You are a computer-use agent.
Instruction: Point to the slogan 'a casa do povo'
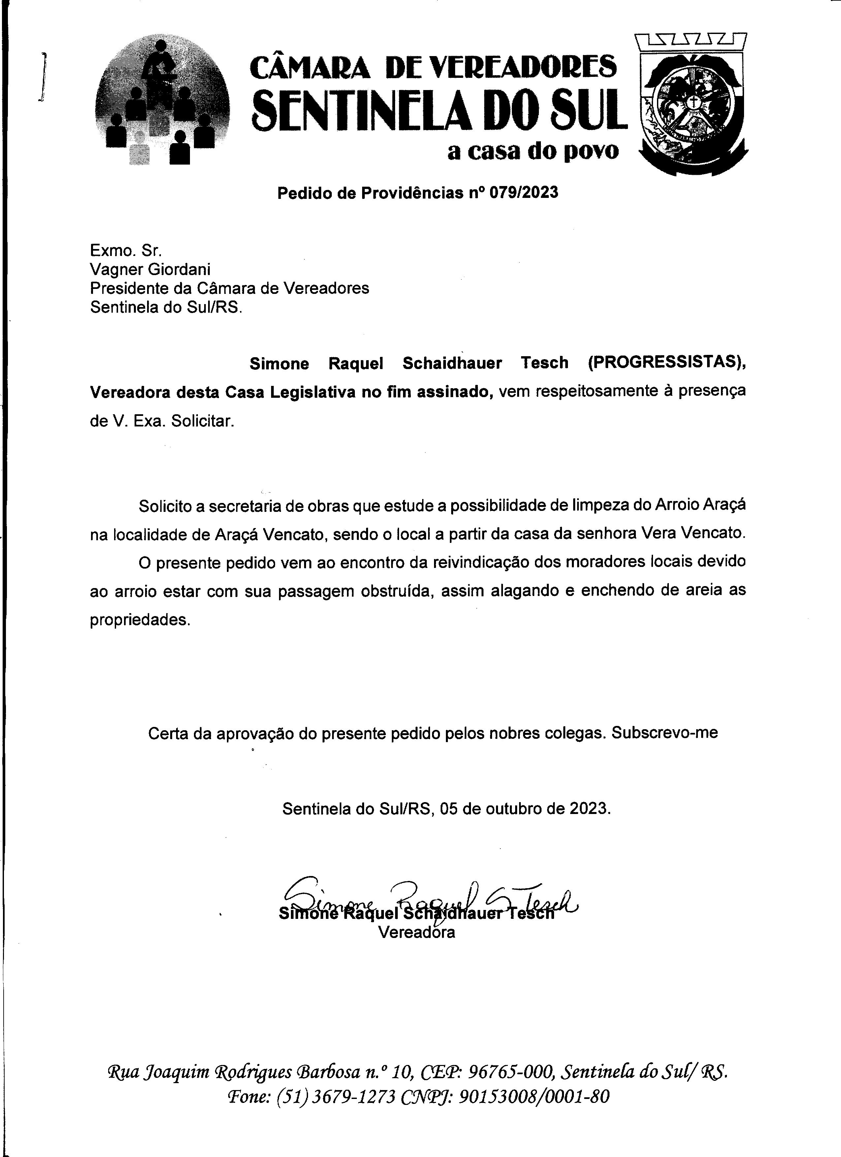[532, 151]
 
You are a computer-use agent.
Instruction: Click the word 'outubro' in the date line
[514, 809]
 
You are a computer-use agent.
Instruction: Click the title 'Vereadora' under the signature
[416, 932]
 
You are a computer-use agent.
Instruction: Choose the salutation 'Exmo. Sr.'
[125, 250]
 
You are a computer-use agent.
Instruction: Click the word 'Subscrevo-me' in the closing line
[665, 733]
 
